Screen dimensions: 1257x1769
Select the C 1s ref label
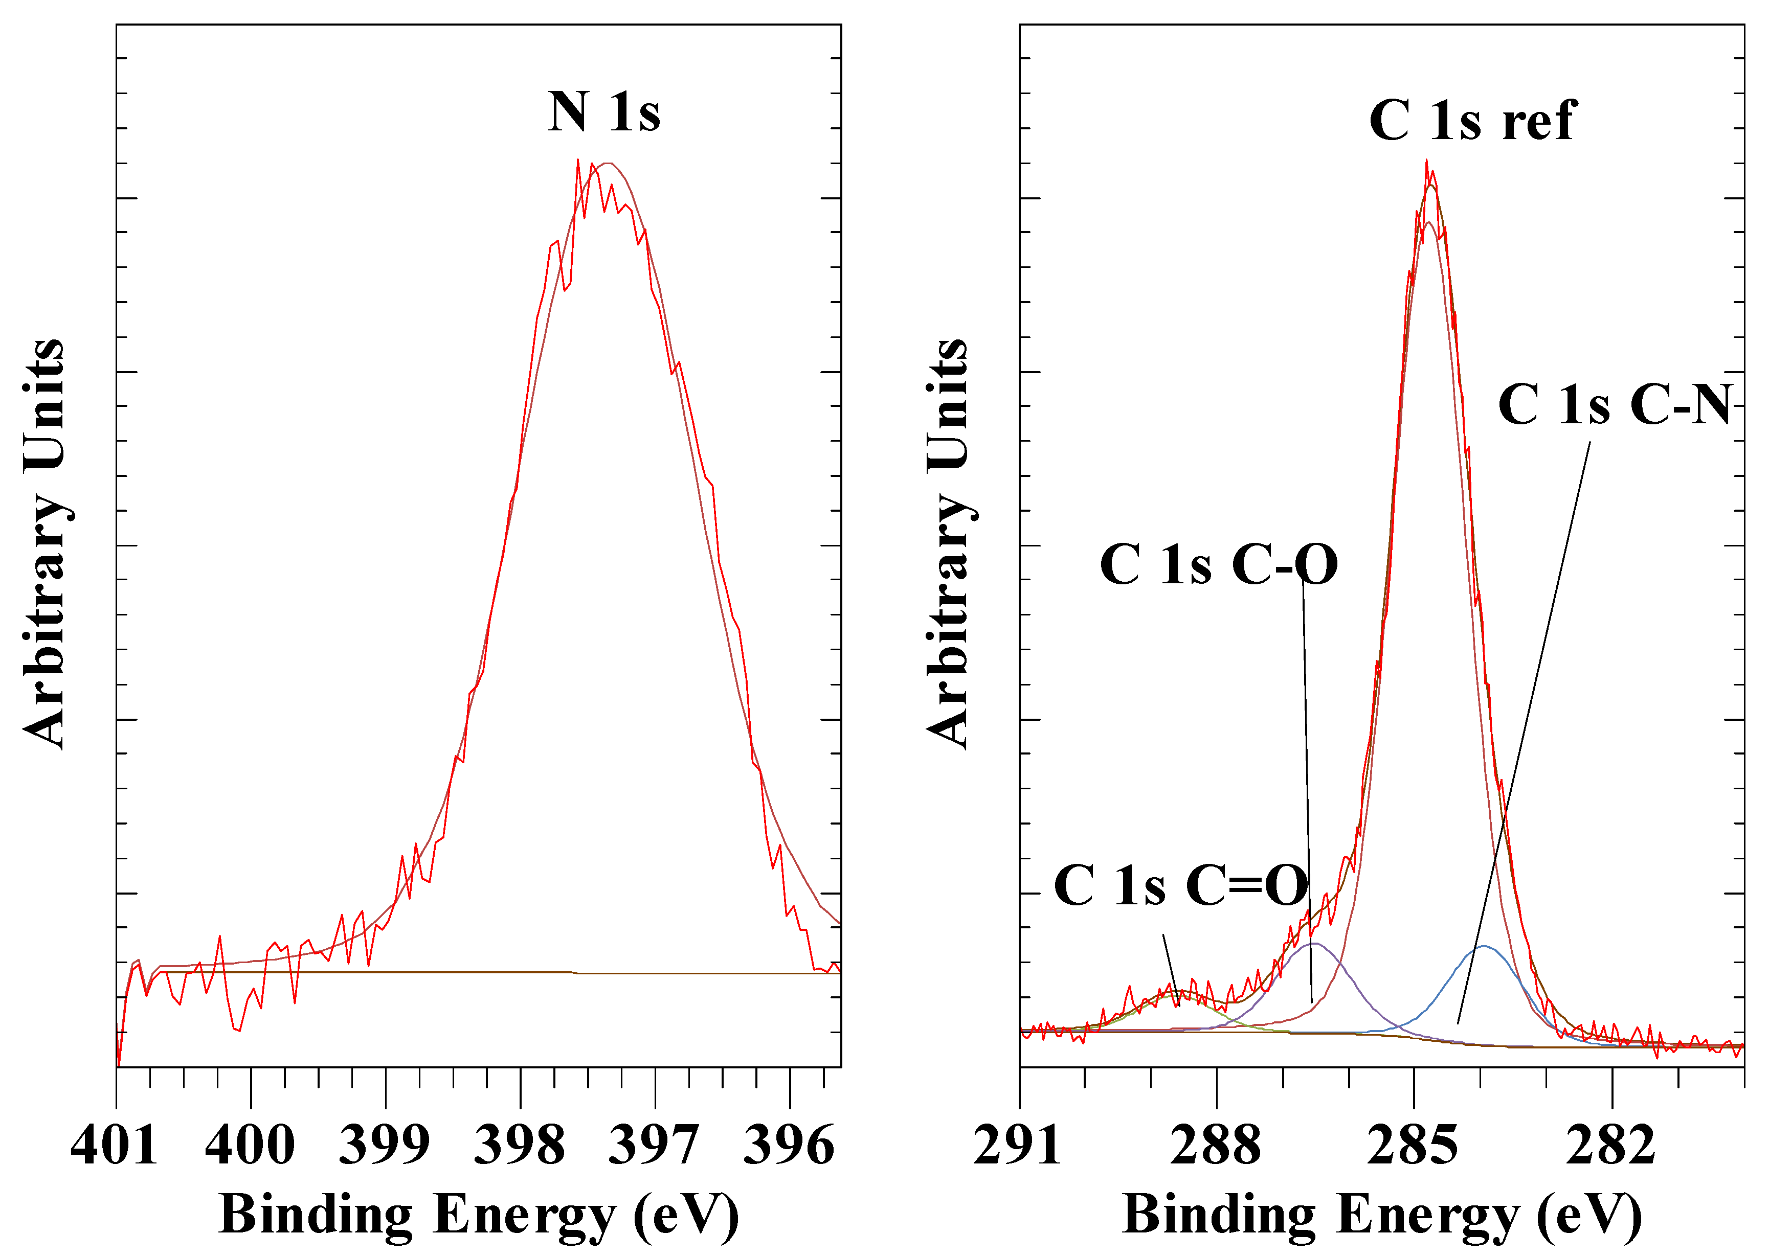[1472, 122]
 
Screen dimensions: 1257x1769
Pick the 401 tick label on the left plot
[115, 1146]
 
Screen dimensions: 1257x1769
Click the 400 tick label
[250, 1146]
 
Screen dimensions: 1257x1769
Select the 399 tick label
[385, 1146]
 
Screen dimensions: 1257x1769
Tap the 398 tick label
[520, 1146]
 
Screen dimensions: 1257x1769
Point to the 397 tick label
[654, 1146]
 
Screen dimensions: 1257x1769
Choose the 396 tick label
[789, 1146]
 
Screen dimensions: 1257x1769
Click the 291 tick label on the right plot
[1017, 1146]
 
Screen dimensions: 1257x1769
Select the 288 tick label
[1216, 1146]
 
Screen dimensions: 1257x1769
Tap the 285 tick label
[1413, 1146]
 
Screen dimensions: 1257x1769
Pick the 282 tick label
[1611, 1146]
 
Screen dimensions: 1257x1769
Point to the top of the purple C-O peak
[1314, 943]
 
